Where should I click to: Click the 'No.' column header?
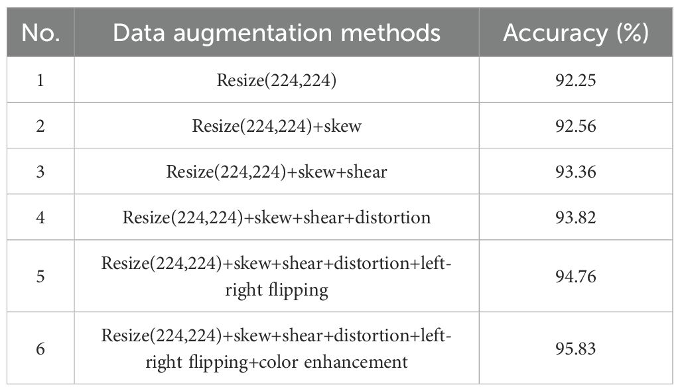click(40, 32)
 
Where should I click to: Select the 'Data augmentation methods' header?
click(277, 32)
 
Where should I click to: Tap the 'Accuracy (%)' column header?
click(575, 32)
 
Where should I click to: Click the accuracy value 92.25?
click(575, 80)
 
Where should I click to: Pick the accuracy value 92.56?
click(575, 126)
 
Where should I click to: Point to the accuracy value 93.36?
click(575, 172)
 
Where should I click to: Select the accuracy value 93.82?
click(575, 217)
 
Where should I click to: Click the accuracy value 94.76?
click(575, 275)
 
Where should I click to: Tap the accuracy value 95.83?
click(575, 349)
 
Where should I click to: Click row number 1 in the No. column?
click(40, 80)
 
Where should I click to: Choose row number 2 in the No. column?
click(40, 126)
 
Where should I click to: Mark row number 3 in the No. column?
click(40, 172)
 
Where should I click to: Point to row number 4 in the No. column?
click(40, 217)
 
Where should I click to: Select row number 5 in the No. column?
click(40, 275)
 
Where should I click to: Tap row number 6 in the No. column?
click(40, 349)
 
